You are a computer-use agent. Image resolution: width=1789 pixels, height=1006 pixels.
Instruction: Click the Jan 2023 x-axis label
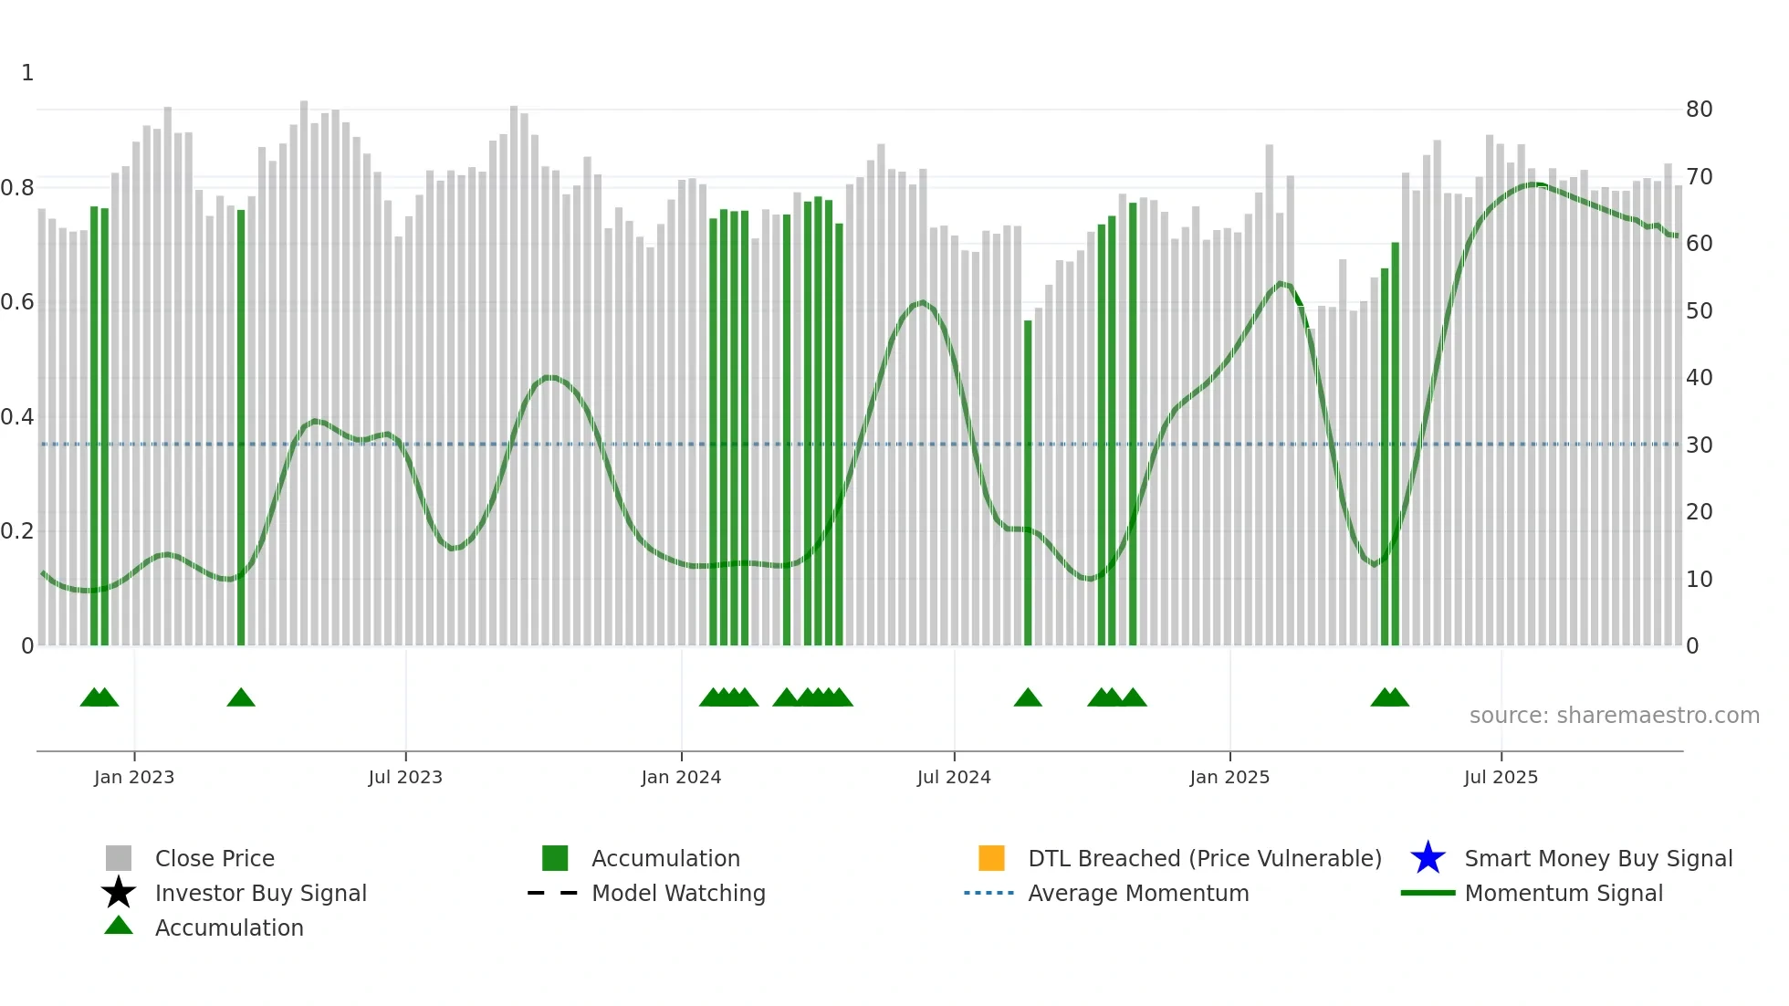tap(134, 777)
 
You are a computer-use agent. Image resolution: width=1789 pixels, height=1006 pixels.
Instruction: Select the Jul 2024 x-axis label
tap(954, 777)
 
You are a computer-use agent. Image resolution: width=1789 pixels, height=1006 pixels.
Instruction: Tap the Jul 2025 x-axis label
tap(1501, 777)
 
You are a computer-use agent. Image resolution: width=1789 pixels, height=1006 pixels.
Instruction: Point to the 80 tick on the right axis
tap(1699, 110)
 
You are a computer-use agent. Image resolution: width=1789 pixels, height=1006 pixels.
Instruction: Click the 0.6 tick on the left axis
tap(17, 302)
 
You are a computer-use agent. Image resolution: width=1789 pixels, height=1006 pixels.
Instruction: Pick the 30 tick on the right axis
tap(1699, 445)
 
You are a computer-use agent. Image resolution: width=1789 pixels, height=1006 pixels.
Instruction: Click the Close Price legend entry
tap(214, 858)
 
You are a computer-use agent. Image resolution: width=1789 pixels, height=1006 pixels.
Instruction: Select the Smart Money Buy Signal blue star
tap(1428, 858)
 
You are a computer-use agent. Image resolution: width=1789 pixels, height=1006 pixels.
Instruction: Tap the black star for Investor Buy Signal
tap(119, 893)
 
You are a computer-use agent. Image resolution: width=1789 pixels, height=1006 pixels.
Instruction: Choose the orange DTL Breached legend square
tap(991, 858)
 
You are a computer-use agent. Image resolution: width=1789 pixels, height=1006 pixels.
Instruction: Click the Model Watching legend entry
tap(678, 893)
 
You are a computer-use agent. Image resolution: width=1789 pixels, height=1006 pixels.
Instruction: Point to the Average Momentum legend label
tap(1138, 893)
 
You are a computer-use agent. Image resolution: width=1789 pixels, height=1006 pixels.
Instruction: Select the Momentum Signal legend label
tap(1564, 893)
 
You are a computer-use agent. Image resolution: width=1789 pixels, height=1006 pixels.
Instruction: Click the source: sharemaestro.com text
tap(1614, 716)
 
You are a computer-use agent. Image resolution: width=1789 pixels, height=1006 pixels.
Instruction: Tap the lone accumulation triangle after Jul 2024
tap(1028, 698)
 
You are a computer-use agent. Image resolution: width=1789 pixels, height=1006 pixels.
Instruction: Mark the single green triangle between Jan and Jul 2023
tap(241, 698)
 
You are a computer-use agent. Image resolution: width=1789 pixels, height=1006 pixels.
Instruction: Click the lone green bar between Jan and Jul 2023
tap(241, 429)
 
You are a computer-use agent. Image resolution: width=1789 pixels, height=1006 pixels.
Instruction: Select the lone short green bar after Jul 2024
tap(1028, 484)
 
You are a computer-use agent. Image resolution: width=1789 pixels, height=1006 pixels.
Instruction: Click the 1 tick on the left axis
tap(27, 73)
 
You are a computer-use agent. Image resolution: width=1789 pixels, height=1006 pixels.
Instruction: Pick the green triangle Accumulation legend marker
tap(119, 926)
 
